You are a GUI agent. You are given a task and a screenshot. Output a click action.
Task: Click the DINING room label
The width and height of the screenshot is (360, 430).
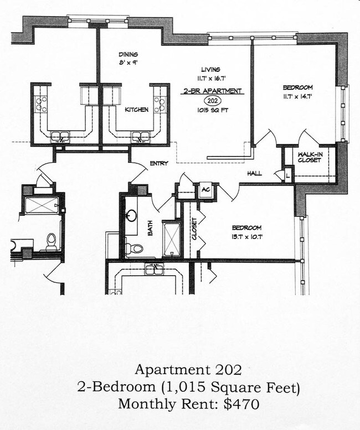[128, 54]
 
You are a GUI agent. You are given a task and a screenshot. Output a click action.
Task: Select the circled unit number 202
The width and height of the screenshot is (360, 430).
[211, 100]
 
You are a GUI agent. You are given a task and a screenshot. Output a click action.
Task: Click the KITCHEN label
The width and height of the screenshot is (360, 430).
[136, 110]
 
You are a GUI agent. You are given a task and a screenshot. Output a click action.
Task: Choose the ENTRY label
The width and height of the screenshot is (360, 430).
[159, 163]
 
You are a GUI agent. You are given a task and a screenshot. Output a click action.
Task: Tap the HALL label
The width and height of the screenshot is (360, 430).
[254, 173]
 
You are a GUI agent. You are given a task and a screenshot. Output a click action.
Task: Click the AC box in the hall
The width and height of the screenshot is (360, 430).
[205, 189]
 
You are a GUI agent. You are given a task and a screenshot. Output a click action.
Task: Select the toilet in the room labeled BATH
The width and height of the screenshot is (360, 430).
[133, 248]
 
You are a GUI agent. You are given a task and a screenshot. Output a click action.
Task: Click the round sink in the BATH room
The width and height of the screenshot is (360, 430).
[132, 215]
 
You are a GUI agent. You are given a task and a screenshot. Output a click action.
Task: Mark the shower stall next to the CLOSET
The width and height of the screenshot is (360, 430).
[172, 238]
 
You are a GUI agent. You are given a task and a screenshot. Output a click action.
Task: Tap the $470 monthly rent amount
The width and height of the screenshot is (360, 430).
[243, 404]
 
